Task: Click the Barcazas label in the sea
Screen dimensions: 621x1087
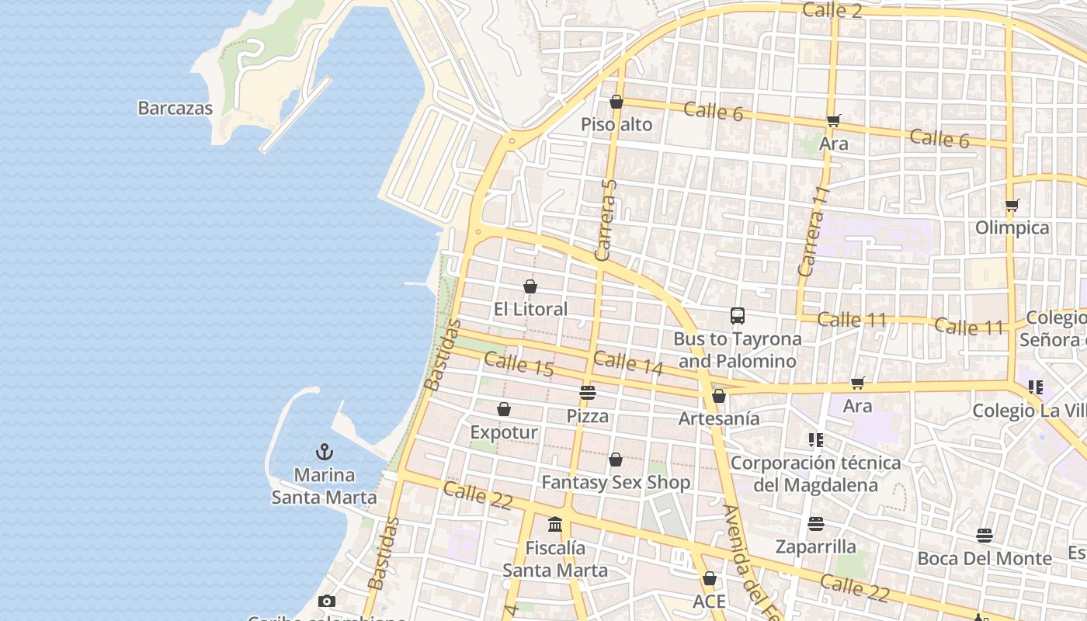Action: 175,108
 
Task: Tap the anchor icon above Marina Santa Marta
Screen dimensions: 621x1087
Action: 325,452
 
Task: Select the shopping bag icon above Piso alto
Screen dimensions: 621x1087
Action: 616,102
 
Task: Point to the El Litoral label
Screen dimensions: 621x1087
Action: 531,309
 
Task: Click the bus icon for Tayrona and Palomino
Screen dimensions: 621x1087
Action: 738,316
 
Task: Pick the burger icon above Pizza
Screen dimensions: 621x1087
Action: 588,393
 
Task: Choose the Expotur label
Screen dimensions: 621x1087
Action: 504,432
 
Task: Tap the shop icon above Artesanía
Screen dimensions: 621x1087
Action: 719,396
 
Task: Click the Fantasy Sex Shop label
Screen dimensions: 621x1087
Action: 616,482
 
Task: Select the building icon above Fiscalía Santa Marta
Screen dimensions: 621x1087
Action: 555,525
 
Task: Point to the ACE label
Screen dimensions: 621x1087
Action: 709,602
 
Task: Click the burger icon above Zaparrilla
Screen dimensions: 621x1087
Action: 815,524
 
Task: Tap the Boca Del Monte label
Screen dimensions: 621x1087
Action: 985,558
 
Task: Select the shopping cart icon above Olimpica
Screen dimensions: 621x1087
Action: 1012,206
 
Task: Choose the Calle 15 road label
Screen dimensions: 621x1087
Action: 519,364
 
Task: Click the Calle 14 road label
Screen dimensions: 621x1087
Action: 628,363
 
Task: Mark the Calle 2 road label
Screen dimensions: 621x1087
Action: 832,10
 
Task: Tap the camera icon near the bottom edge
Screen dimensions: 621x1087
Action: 327,601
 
